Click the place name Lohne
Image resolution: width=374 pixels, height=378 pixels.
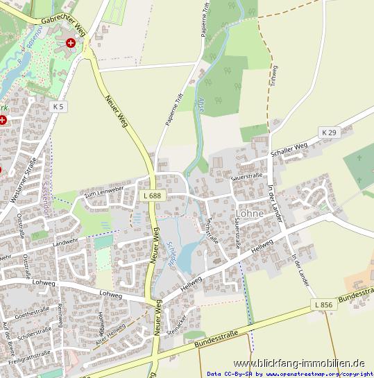click(250, 214)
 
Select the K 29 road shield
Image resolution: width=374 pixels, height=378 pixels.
click(328, 132)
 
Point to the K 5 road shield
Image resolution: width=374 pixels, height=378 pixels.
click(59, 107)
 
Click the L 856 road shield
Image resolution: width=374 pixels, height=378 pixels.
click(323, 305)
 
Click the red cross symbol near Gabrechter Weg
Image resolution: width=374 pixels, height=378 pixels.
click(71, 43)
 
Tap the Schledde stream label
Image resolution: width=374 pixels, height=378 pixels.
click(171, 253)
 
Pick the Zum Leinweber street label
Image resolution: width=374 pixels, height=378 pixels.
click(103, 192)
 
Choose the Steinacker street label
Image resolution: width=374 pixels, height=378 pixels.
click(177, 323)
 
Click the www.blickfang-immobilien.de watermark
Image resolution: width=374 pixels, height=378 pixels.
click(299, 363)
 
